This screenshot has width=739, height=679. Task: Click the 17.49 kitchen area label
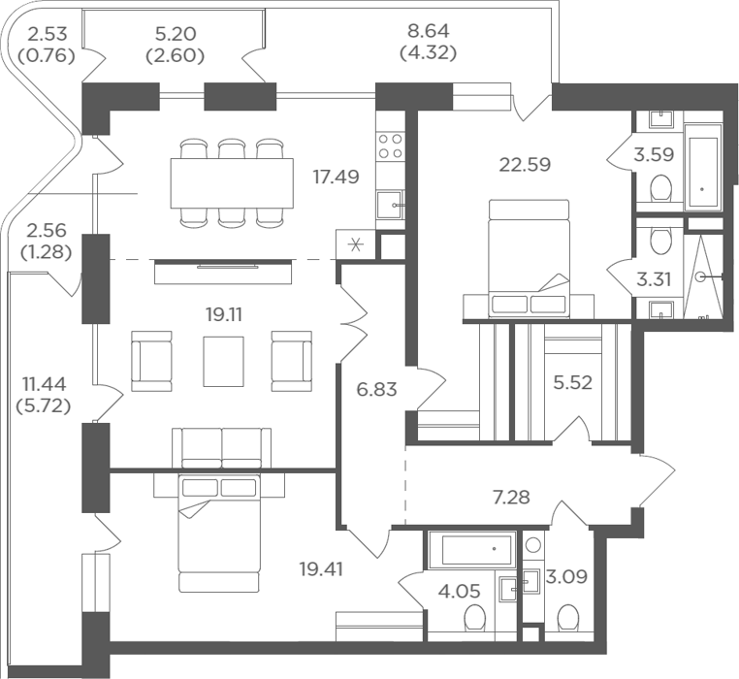[336, 177]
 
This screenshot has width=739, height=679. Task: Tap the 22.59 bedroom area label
[525, 165]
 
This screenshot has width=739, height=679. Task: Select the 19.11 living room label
[224, 314]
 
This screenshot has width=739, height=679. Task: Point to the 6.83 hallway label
[376, 390]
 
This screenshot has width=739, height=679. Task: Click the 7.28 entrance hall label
[511, 497]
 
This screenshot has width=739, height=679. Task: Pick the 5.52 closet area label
[572, 382]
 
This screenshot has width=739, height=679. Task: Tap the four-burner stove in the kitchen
[391, 145]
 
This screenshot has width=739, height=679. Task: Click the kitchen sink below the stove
[391, 205]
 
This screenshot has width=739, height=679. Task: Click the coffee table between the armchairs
[223, 361]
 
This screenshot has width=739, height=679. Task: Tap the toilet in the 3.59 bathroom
[659, 188]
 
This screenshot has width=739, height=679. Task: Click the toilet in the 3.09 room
[568, 618]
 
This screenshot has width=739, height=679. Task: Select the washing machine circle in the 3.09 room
[534, 545]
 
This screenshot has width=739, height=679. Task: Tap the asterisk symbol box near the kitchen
[356, 244]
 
